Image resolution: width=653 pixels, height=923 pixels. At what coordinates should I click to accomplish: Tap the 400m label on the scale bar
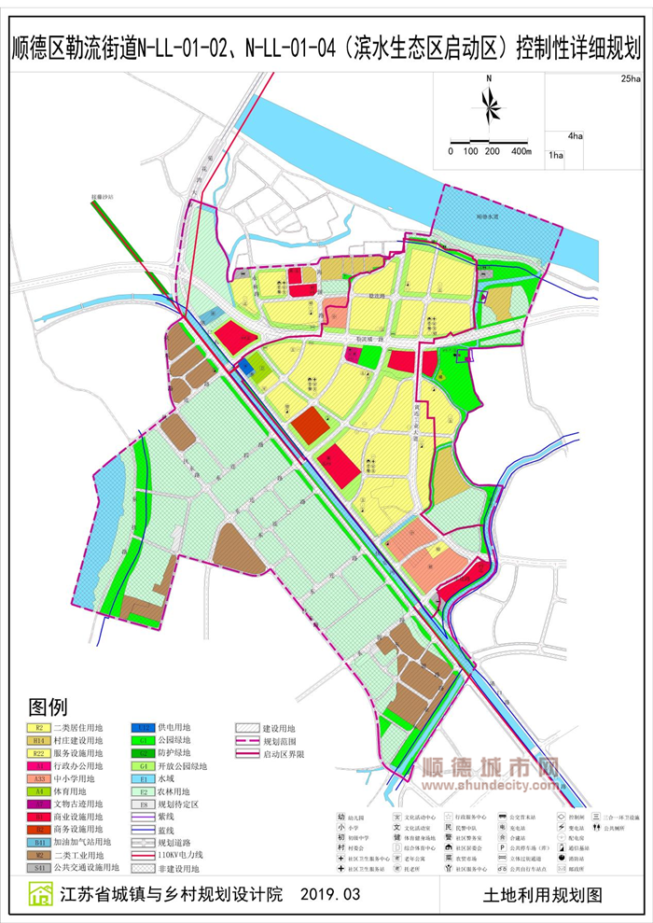[520, 151]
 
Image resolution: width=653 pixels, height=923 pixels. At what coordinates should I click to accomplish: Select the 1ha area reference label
[556, 154]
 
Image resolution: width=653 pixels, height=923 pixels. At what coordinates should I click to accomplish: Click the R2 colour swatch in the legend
[39, 726]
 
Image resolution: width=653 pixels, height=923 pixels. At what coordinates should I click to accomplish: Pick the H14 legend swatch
[39, 740]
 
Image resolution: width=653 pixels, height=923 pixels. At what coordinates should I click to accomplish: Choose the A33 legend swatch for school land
[39, 778]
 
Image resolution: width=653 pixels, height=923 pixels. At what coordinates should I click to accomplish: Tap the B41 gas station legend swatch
[39, 842]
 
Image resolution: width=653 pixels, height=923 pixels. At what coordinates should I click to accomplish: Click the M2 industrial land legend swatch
[39, 854]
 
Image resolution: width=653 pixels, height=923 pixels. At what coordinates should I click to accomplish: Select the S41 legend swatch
[39, 867]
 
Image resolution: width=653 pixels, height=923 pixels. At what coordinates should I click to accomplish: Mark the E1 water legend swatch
[145, 778]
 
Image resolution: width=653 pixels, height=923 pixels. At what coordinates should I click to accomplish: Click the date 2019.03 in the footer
[331, 894]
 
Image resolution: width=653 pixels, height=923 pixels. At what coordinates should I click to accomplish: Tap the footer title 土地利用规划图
[543, 894]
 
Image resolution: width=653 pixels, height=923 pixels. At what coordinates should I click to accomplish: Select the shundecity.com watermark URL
[492, 786]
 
